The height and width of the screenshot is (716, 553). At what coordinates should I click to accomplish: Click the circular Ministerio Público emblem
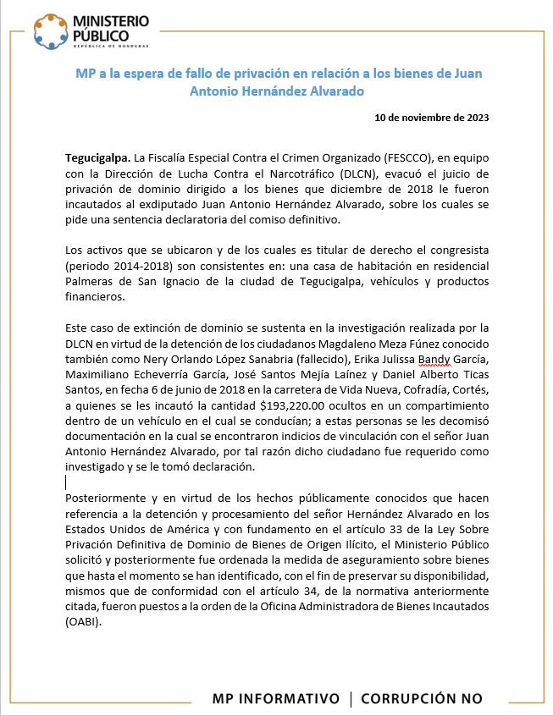tap(52, 32)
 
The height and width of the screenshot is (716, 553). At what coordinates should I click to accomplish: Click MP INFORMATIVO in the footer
tap(275, 698)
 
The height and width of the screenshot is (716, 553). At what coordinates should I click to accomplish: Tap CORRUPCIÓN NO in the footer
tap(422, 698)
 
